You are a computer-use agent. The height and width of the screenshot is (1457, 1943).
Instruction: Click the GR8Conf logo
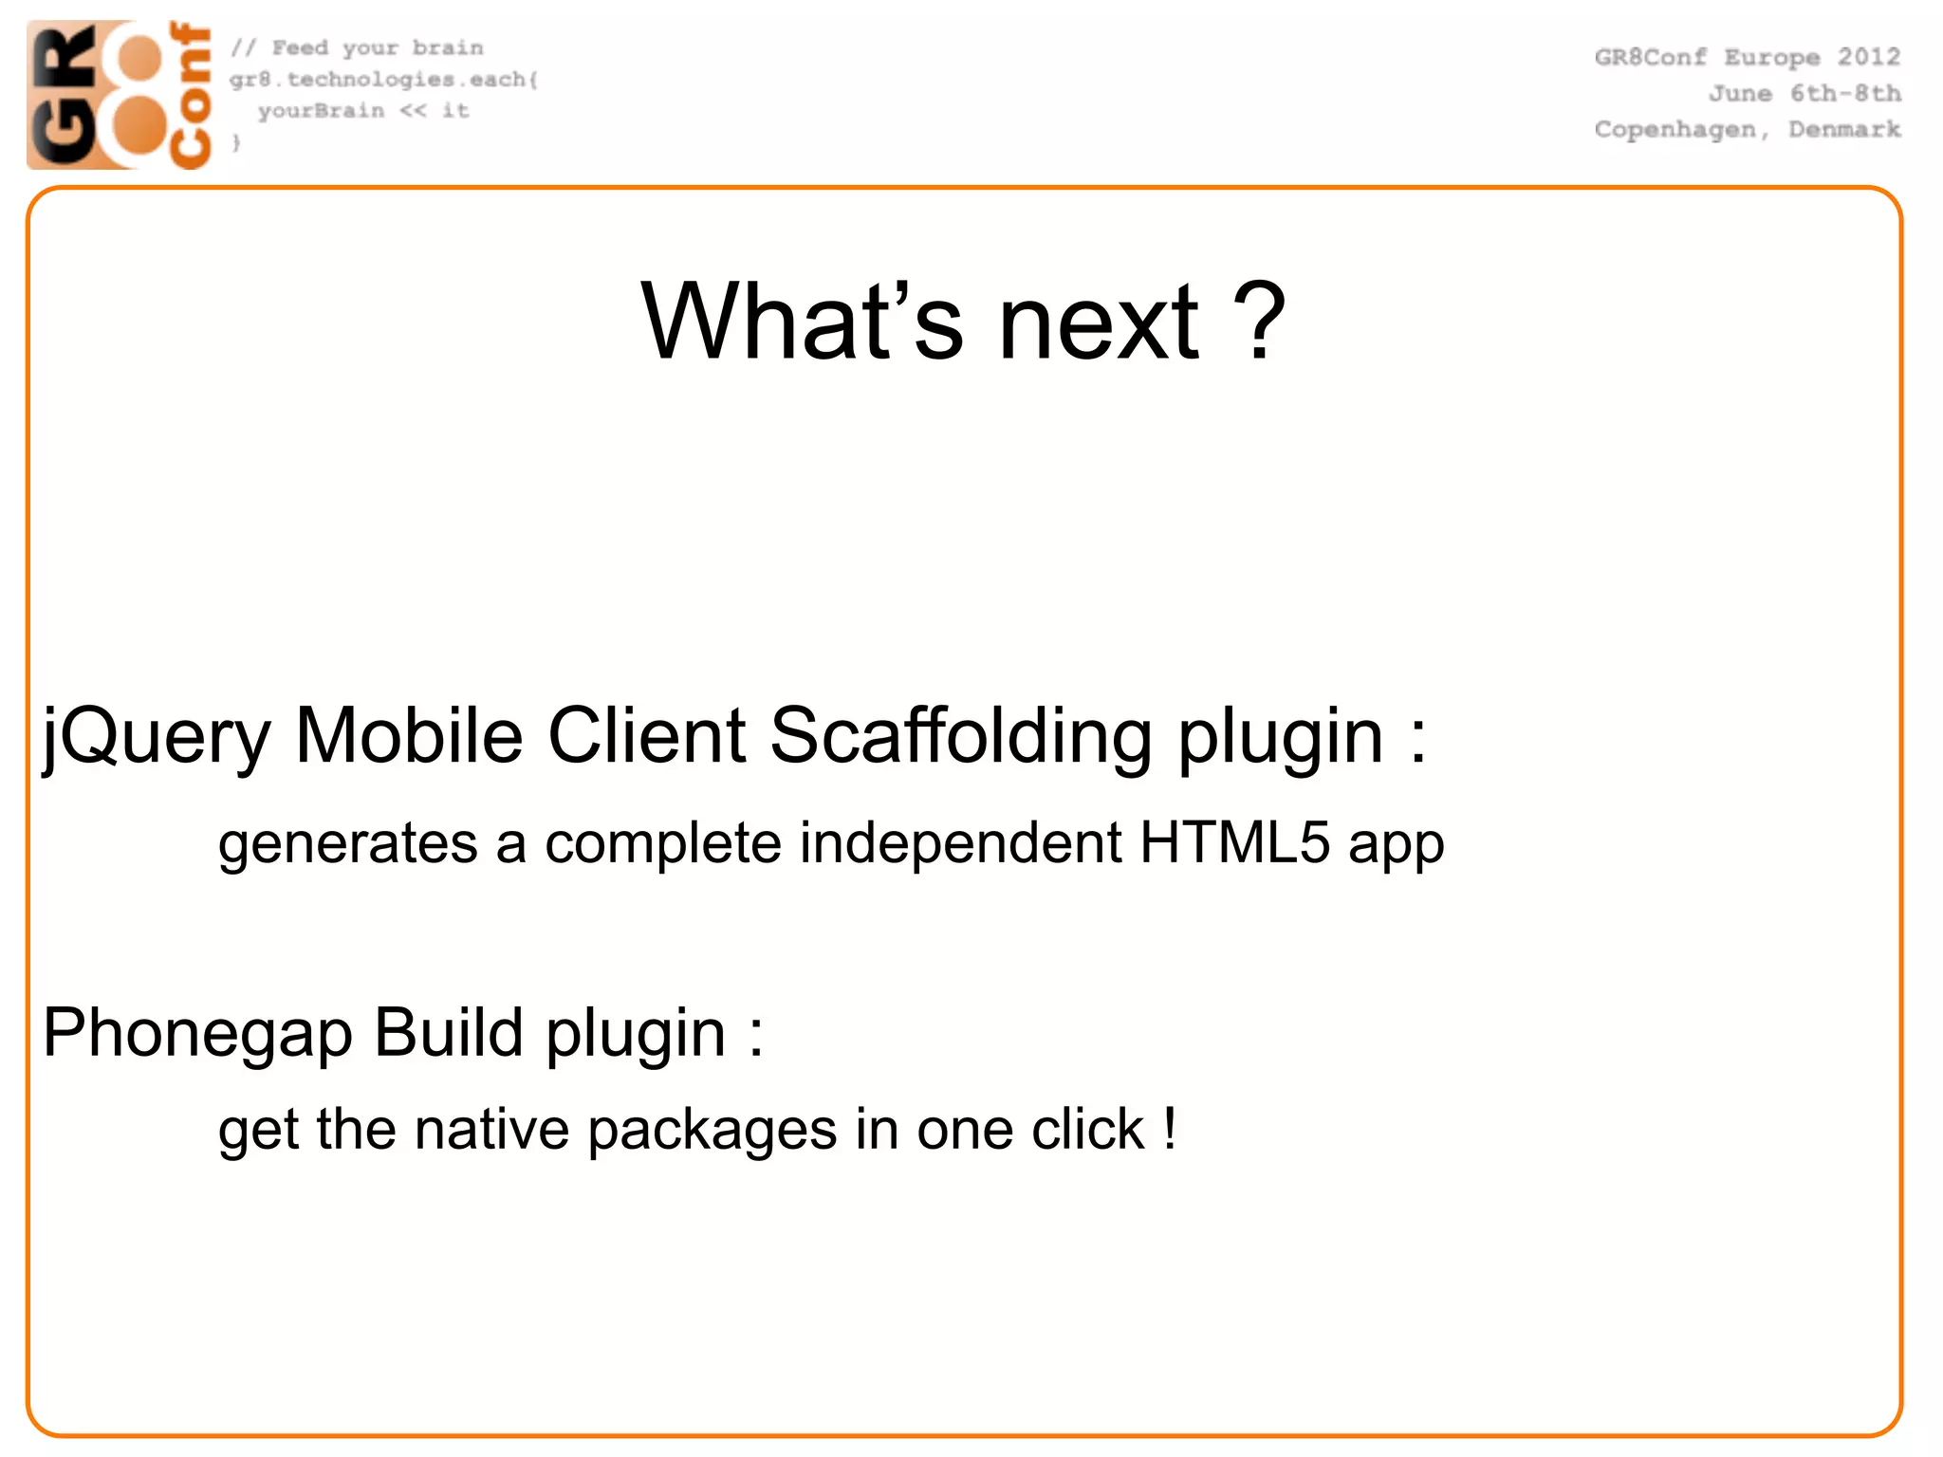click(x=120, y=95)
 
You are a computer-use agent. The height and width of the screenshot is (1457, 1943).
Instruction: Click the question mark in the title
click(x=1258, y=323)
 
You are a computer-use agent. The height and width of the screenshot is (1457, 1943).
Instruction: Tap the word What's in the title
click(x=802, y=323)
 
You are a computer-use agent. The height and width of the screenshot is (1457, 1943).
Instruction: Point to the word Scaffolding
click(x=960, y=735)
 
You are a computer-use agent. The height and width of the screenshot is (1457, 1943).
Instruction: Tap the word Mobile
click(x=409, y=735)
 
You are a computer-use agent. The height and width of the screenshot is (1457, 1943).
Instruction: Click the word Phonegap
click(x=197, y=1034)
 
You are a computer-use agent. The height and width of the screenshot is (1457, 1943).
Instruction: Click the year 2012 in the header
click(x=1868, y=57)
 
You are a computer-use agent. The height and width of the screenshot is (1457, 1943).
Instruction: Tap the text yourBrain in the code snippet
click(x=321, y=111)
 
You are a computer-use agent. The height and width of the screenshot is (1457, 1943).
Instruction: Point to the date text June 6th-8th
click(x=1804, y=94)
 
